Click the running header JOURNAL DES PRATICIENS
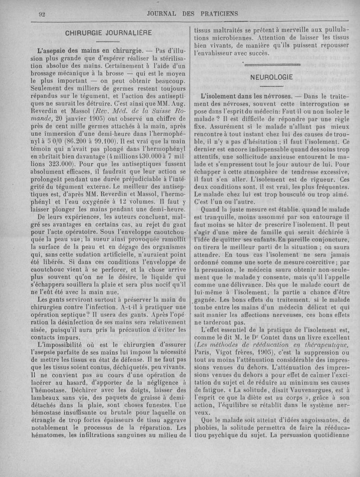tap(193, 13)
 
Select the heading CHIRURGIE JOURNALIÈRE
tap(108, 33)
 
